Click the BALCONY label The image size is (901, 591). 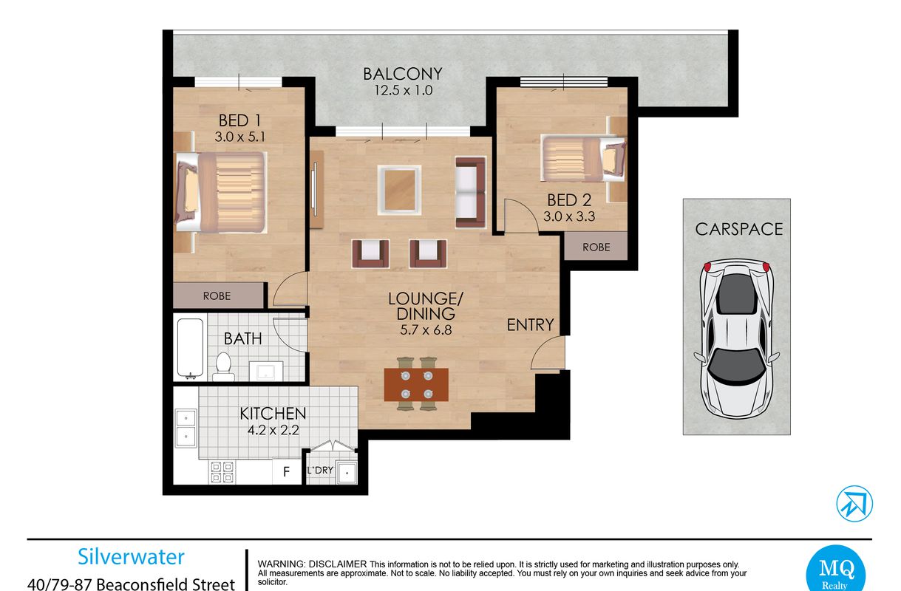(403, 74)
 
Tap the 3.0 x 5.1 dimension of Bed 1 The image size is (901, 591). (239, 137)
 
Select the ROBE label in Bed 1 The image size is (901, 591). (217, 296)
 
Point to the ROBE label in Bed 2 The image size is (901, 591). (596, 247)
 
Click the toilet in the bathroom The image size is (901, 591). (223, 366)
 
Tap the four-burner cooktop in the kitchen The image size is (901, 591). (222, 472)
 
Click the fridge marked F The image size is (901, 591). (287, 471)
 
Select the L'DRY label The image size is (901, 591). (320, 470)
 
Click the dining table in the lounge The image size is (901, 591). (416, 385)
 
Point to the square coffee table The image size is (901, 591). (399, 190)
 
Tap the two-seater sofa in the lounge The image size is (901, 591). (471, 193)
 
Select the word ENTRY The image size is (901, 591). (530, 325)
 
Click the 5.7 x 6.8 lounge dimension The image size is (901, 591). (426, 330)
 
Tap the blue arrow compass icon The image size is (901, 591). (854, 503)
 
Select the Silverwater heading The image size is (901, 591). (131, 557)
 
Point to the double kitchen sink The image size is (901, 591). (186, 428)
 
